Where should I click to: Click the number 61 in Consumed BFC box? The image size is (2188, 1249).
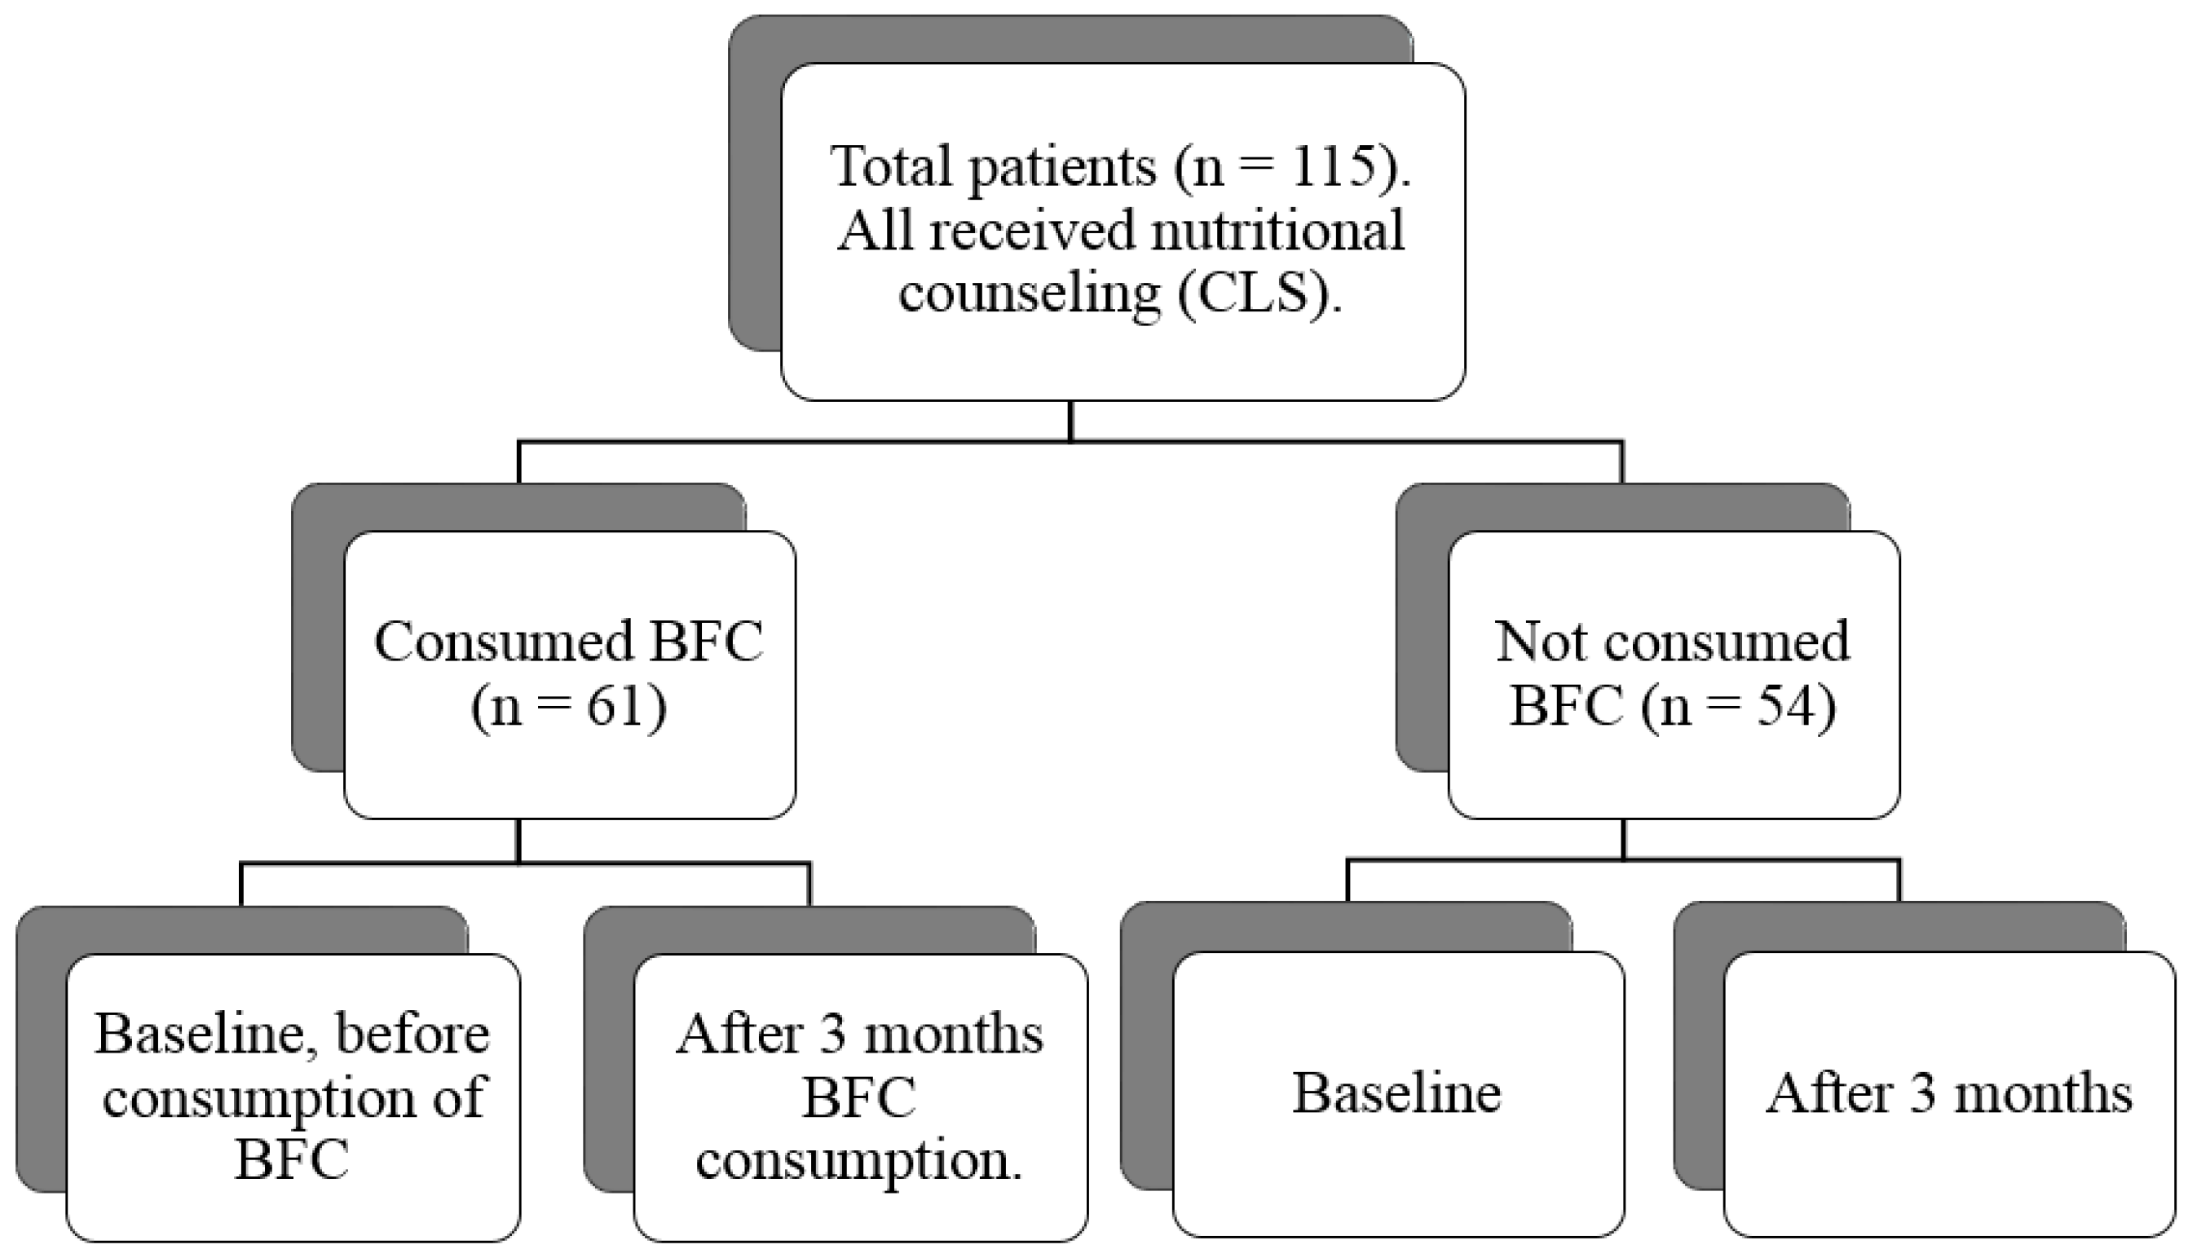click(x=614, y=707)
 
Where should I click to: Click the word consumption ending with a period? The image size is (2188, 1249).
click(x=858, y=1161)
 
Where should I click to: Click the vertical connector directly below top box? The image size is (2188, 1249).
click(x=1070, y=421)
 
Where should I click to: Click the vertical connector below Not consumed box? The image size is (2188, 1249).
click(x=1623, y=839)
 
